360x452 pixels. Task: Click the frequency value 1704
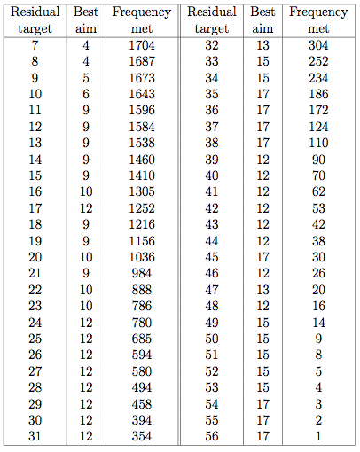tap(142, 45)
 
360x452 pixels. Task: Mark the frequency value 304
tap(318, 45)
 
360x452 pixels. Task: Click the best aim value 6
tap(86, 94)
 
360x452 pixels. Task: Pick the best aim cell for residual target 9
tap(86, 78)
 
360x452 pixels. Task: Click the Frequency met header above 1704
tap(142, 20)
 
